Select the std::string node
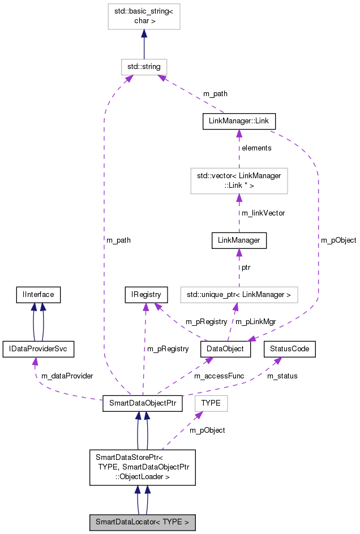(144, 67)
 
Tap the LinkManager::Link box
(239, 122)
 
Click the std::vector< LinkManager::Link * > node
(239, 180)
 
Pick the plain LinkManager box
(239, 240)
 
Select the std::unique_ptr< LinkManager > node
(239, 294)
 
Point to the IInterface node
(38, 294)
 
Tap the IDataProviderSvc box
(38, 349)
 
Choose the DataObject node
(225, 349)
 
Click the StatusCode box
(290, 349)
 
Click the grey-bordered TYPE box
(211, 403)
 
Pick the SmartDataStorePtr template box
(142, 467)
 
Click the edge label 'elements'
(256, 148)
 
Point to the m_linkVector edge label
(263, 213)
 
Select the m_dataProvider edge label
(67, 376)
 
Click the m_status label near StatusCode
(282, 376)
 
